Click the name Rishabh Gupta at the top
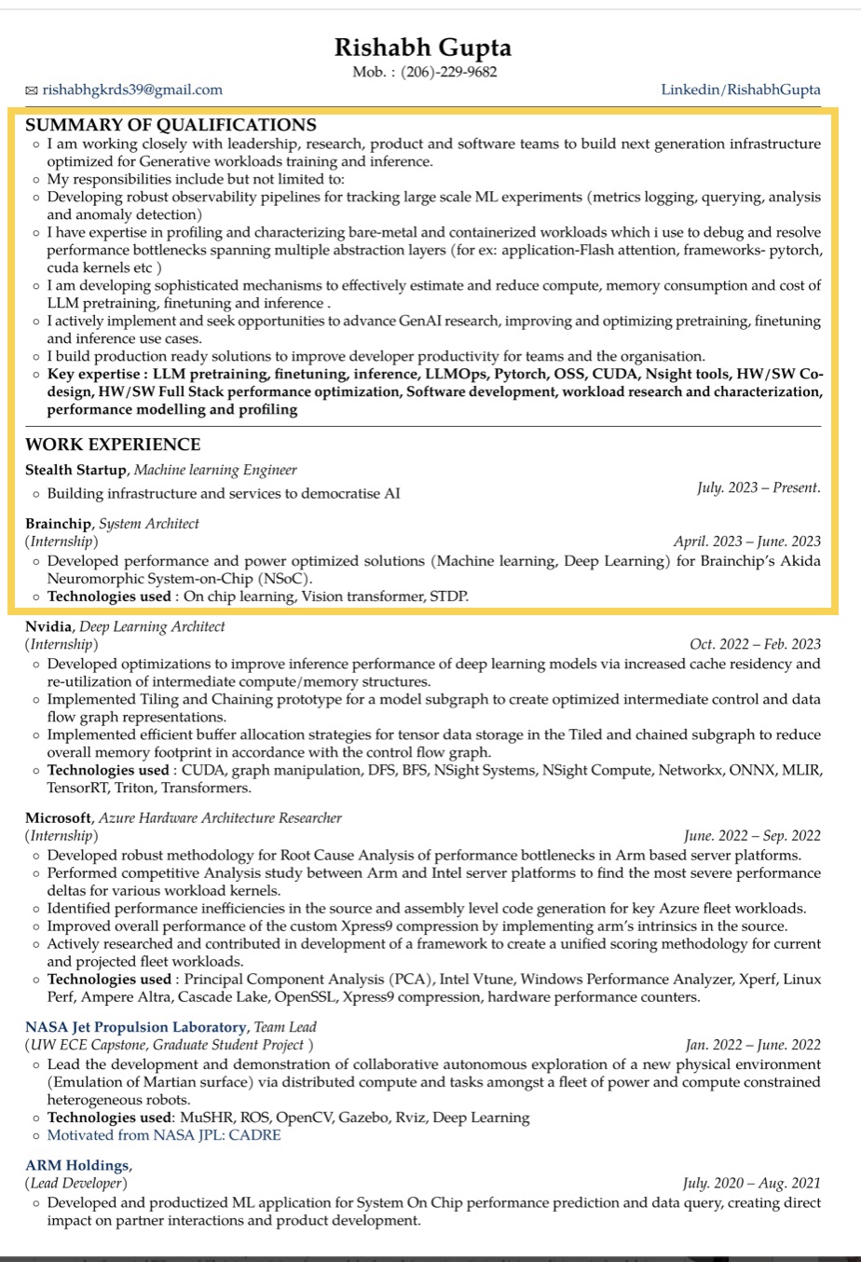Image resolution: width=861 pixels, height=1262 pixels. click(x=423, y=47)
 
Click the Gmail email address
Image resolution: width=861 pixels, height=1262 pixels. click(x=132, y=89)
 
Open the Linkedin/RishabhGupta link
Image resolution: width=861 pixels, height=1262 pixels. click(x=741, y=89)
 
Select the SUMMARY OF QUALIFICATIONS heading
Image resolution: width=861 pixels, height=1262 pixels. click(x=171, y=125)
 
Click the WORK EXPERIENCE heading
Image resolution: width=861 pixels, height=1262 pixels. click(x=113, y=445)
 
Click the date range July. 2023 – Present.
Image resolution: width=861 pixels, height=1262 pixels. click(x=758, y=487)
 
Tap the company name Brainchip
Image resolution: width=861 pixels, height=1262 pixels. click(x=59, y=524)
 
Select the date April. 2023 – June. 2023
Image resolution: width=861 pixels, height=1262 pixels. click(x=747, y=542)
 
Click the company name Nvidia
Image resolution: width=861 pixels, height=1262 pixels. click(x=48, y=626)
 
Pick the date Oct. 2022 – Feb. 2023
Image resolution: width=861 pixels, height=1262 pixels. click(x=755, y=644)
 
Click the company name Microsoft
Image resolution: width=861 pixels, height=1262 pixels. click(x=59, y=817)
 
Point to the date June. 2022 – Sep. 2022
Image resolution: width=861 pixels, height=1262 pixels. click(x=752, y=836)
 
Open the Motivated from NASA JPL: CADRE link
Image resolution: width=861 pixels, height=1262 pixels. click(x=164, y=1135)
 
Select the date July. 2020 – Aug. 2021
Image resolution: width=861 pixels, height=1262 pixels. click(x=751, y=1184)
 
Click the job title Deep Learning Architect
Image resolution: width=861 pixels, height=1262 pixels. click(x=152, y=626)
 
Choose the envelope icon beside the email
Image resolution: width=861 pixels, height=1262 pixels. click(x=32, y=90)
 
